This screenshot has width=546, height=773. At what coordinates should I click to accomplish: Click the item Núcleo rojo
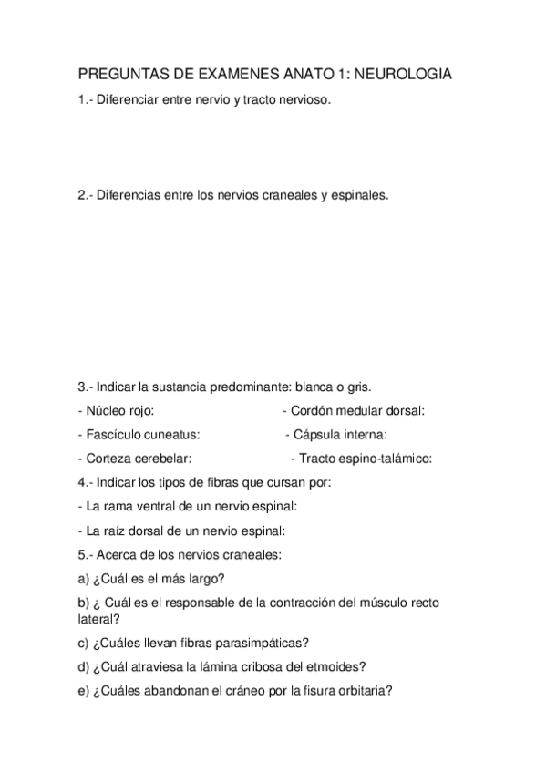pos(116,410)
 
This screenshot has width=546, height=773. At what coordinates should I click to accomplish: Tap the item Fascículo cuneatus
pos(139,434)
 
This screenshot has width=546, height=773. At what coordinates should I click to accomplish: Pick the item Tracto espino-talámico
pos(365,459)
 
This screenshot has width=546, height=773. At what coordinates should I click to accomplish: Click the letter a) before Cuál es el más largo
pos(84,578)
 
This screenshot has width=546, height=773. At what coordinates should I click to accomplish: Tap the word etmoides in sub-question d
pos(341,665)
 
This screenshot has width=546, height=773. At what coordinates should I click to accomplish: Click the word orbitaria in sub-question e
pos(363,690)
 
